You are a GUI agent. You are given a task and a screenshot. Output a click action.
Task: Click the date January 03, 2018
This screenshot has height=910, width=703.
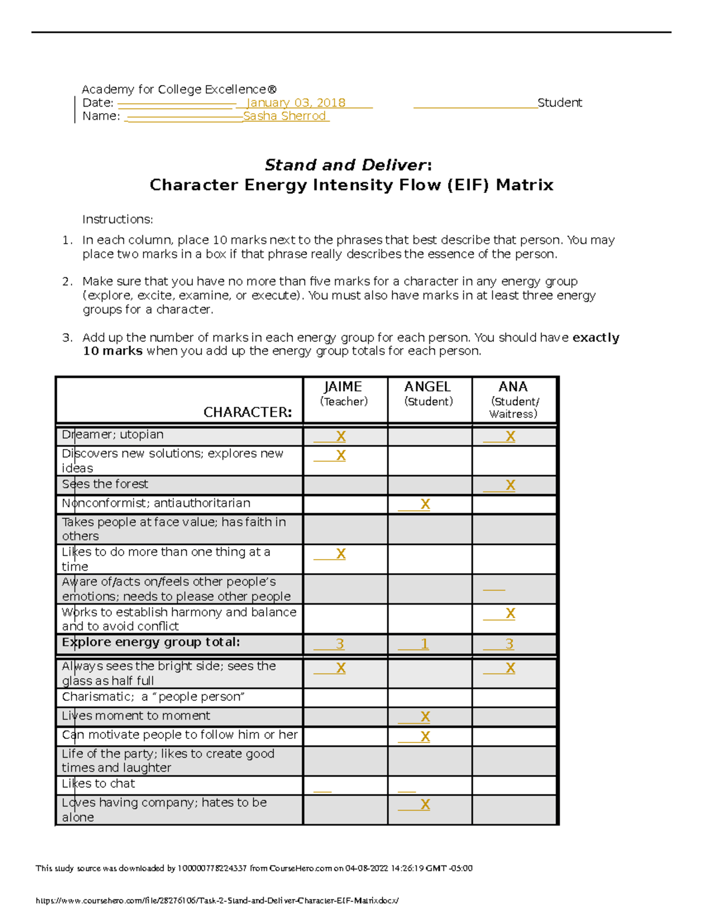296,103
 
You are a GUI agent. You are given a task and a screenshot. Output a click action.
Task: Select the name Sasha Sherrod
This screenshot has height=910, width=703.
285,116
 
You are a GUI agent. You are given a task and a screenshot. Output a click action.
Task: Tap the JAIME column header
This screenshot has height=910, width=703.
343,387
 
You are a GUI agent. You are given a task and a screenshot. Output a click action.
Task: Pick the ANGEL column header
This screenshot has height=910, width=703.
428,387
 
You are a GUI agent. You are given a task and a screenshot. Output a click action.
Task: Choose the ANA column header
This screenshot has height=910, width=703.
513,387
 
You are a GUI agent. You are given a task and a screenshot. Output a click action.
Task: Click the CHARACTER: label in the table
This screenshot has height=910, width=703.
247,413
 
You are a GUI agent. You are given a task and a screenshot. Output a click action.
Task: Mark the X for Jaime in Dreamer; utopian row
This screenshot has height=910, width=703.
340,437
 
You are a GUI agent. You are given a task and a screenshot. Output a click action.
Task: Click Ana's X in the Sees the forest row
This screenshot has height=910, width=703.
510,485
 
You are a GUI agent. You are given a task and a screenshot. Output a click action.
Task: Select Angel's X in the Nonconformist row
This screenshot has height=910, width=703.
425,505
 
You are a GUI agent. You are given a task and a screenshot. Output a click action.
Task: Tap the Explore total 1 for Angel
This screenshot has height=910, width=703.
425,644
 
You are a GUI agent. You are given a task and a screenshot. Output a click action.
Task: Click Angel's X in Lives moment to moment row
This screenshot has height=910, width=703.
425,717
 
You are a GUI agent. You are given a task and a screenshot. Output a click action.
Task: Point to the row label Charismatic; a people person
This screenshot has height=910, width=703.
153,697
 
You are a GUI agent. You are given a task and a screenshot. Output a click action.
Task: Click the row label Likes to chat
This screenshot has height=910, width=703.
98,784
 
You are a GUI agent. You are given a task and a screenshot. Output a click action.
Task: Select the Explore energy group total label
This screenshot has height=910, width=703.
151,642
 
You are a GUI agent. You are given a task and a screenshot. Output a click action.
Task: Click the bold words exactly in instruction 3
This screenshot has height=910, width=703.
595,338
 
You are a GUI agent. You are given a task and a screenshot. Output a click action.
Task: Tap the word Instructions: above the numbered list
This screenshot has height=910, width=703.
117,220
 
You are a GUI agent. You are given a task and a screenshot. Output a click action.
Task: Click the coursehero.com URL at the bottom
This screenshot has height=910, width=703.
217,901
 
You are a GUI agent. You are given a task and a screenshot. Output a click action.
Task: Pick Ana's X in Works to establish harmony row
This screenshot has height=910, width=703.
510,614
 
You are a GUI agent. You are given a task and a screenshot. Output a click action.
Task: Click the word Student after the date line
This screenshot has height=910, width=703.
559,103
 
